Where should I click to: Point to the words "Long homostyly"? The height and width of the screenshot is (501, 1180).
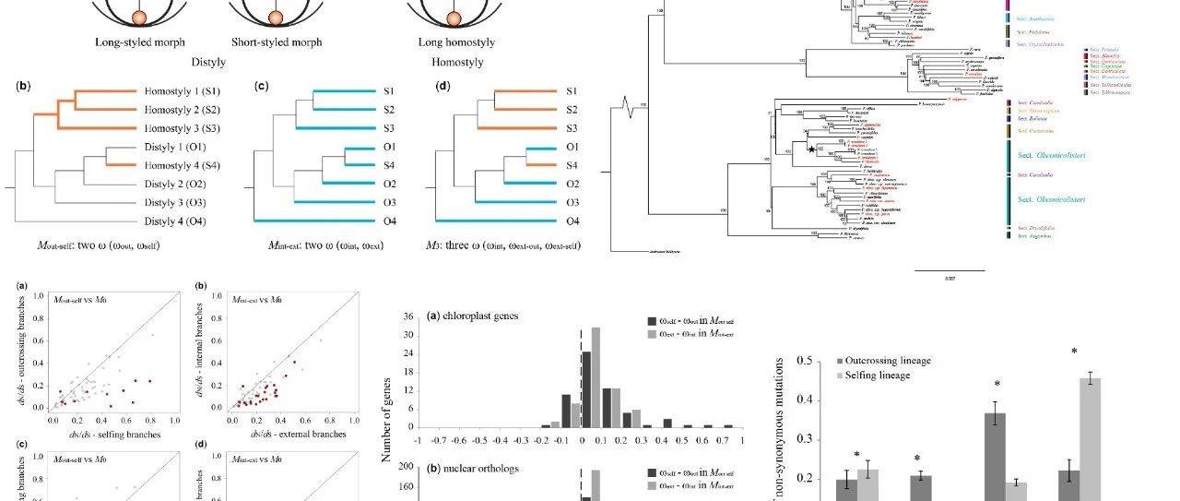click(x=451, y=42)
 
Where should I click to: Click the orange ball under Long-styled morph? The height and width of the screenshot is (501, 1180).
click(x=138, y=18)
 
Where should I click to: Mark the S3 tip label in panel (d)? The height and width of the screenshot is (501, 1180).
click(x=572, y=127)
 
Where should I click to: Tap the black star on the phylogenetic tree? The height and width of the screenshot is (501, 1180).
click(x=811, y=149)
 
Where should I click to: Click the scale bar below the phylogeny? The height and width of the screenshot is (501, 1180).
click(x=949, y=270)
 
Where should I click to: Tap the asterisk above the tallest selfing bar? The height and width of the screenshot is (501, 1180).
click(x=1075, y=352)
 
